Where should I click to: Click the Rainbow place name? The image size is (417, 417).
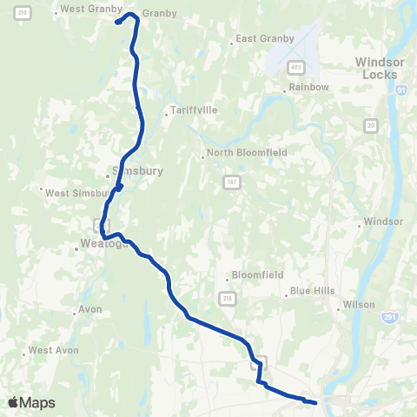point(309,88)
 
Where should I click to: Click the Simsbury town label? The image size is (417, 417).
point(137,171)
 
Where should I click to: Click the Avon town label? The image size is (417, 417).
point(90,308)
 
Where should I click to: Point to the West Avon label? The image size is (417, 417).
point(54,350)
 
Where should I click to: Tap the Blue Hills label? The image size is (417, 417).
point(312,290)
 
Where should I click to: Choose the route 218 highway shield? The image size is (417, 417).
point(228,298)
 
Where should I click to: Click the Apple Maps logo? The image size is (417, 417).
point(31,402)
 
